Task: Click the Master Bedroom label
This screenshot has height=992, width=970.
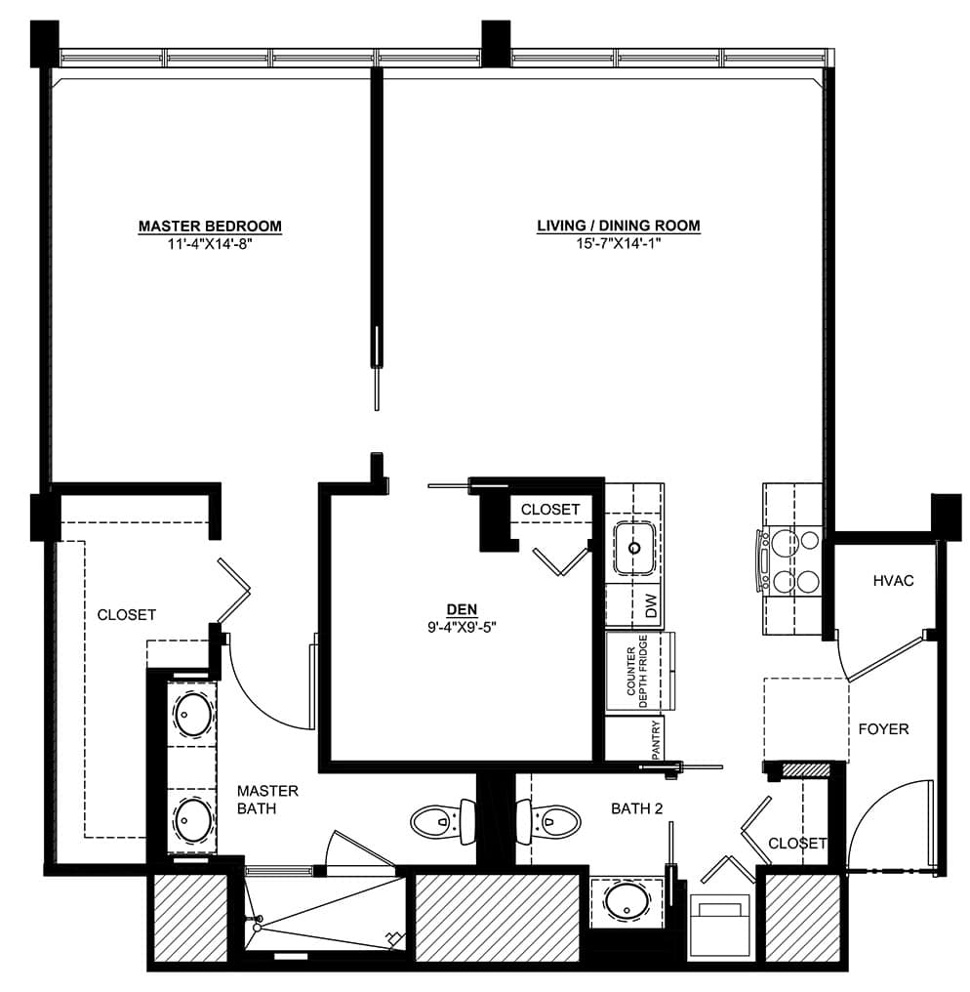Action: coord(210,226)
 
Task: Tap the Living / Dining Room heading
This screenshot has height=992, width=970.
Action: coord(619,226)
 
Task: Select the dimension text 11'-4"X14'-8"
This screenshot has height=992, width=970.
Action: coord(210,244)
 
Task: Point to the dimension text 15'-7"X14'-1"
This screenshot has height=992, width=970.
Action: coord(619,243)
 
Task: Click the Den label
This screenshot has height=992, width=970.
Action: coord(463,609)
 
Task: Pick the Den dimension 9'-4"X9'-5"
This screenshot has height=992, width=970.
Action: coord(463,628)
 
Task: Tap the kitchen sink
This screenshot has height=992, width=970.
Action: coord(634,548)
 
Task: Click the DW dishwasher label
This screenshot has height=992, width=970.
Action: coord(652,606)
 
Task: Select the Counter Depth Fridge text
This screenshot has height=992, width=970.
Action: coord(637,672)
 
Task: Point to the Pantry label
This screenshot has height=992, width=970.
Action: coord(656,739)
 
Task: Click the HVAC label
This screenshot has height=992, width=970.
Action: coord(894,581)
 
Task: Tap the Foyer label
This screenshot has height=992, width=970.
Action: coord(883,728)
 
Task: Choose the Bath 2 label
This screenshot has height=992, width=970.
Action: coord(637,808)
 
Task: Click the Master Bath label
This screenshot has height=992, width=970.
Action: coord(267,800)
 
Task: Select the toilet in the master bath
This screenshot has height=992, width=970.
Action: coord(443,822)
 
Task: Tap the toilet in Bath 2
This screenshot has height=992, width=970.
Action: coord(547,822)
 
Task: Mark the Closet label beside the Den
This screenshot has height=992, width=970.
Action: coord(550,510)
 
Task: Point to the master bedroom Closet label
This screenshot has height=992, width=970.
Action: coord(127,614)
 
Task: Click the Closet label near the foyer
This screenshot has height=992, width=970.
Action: coord(797,844)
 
